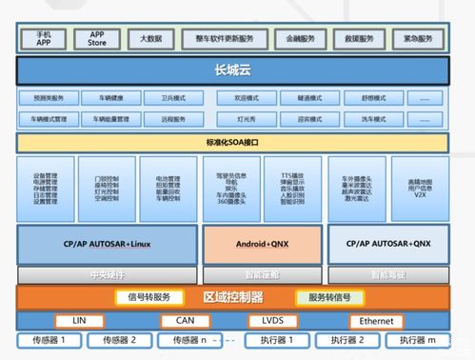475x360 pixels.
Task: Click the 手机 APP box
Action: (44, 39)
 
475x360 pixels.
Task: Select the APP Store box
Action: (97, 39)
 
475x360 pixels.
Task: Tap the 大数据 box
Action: (151, 39)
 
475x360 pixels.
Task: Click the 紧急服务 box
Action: (417, 39)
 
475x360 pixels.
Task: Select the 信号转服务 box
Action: (151, 296)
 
